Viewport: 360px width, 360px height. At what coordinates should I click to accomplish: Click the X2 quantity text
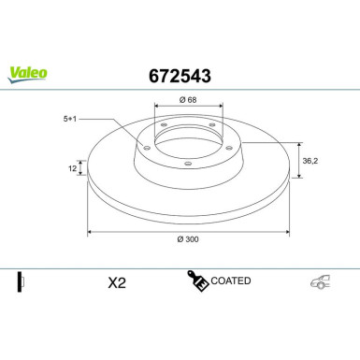pos(117,282)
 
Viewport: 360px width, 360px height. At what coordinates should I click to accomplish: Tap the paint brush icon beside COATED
pos(197,281)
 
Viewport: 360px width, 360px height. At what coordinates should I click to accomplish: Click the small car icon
pos(320,282)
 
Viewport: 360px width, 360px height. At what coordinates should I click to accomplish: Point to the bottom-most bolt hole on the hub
pos(187,165)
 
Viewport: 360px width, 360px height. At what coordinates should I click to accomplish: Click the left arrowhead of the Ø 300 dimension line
pos(90,230)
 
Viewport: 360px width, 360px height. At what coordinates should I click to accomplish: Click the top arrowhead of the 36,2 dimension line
pos(298,144)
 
